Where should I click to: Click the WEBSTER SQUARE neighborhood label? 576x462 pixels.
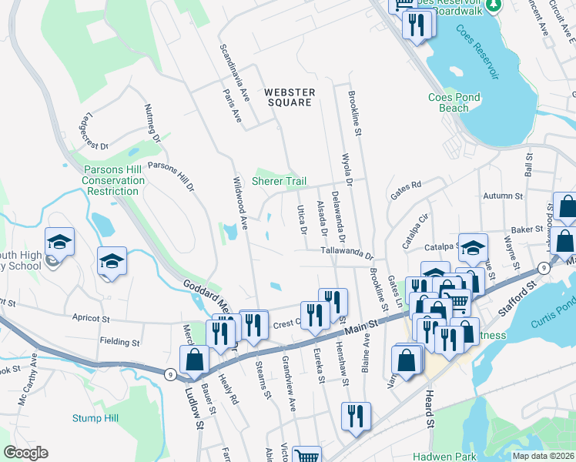[x=289, y=97]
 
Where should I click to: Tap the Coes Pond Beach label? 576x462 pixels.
[x=454, y=102]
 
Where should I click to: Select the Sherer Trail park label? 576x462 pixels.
[x=280, y=181]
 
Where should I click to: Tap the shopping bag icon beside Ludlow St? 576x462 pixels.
[x=194, y=360]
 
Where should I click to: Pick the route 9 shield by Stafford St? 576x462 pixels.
[x=543, y=267]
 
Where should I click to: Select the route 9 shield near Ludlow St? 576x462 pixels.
[x=171, y=374]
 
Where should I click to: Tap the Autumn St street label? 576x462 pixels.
[x=503, y=196]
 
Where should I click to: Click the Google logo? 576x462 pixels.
[x=25, y=453]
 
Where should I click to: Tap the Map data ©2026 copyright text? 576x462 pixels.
[x=543, y=456]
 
